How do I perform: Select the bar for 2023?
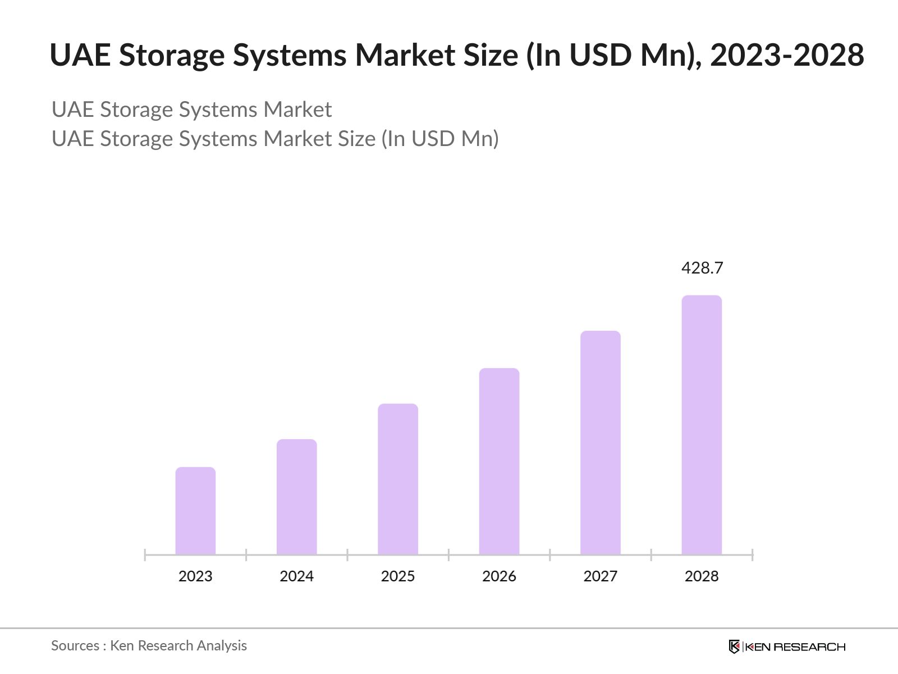point(195,511)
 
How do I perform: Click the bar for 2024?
point(296,497)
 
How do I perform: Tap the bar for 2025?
point(398,479)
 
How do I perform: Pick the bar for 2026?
point(499,462)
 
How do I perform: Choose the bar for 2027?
point(601,443)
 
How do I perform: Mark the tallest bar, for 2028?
point(702,425)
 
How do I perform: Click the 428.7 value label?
point(702,268)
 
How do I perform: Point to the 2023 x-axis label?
point(195,576)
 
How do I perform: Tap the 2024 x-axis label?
point(296,576)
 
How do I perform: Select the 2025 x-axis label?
point(398,576)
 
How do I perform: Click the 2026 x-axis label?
point(499,576)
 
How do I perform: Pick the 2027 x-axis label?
point(601,576)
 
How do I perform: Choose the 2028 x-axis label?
point(702,576)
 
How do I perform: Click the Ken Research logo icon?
point(734,646)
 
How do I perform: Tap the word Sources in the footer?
point(75,646)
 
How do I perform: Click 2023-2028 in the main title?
point(787,55)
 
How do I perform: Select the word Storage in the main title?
point(171,55)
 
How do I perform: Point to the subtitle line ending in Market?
point(191,110)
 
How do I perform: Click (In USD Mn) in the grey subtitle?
point(440,139)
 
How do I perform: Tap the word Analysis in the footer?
point(222,646)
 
